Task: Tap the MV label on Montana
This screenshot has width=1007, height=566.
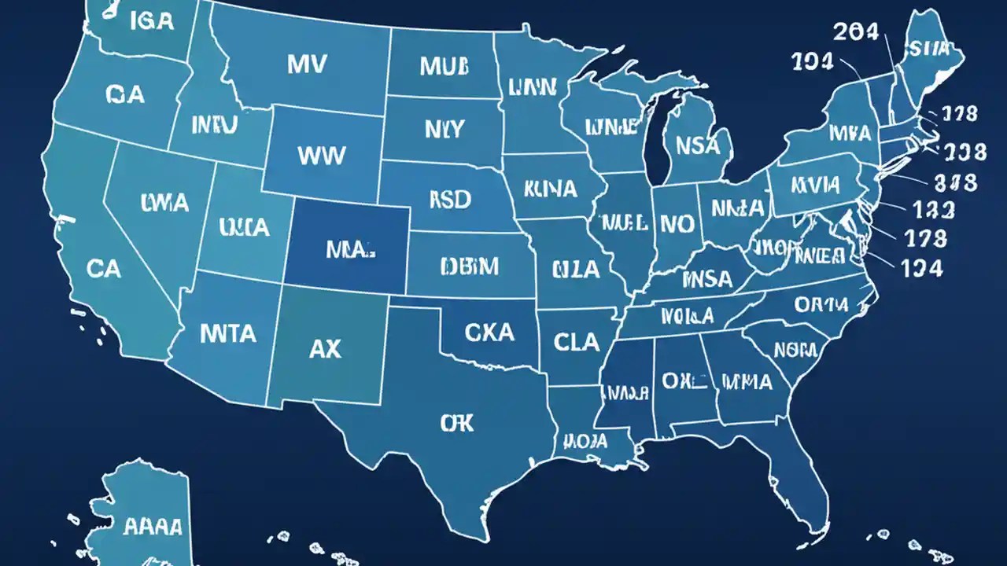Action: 306,64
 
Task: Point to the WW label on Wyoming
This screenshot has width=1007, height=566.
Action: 322,154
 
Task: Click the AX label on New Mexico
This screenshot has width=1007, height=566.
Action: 326,348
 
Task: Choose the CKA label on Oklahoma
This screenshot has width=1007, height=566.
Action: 489,333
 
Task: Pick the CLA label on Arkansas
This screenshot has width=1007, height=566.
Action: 576,342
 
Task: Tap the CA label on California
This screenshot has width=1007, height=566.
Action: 104,270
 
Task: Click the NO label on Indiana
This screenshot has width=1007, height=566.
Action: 677,223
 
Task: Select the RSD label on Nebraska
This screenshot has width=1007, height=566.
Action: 450,200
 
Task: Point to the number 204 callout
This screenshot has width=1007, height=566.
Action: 861,31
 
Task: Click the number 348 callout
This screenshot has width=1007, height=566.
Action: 955,183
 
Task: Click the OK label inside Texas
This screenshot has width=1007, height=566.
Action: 457,424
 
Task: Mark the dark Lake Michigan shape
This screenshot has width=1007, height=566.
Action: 655,141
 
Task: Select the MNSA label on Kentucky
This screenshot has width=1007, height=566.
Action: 706,279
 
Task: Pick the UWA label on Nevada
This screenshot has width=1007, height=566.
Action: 164,203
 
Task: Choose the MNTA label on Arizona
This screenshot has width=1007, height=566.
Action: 227,333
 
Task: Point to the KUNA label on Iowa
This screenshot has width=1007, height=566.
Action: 550,189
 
